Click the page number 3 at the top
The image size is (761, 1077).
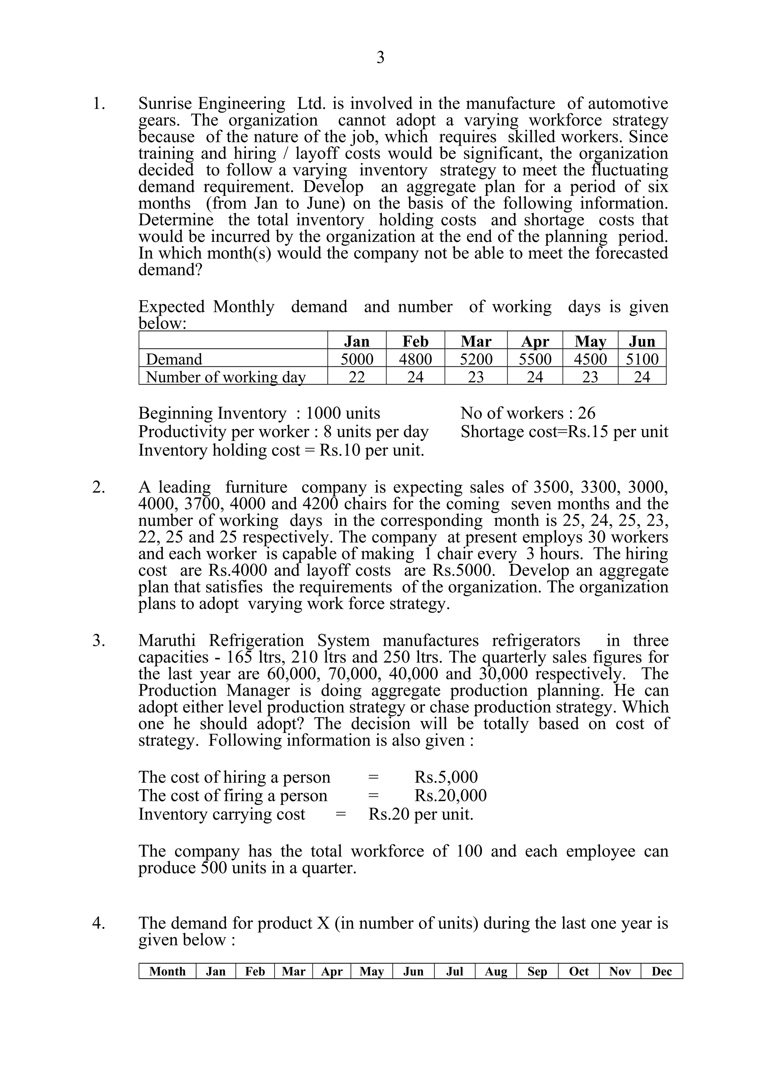point(380,58)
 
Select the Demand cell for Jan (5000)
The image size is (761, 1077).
point(357,359)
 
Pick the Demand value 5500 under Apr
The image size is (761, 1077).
point(535,359)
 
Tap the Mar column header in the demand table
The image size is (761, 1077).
point(476,341)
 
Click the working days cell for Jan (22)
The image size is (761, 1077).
point(357,377)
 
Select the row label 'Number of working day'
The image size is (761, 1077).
point(226,377)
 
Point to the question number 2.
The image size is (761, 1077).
point(98,487)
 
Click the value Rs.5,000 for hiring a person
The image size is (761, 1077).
point(446,777)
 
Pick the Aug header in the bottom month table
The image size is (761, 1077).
point(496,971)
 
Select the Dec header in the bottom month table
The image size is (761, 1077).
point(661,971)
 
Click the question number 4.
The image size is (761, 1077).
point(98,923)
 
